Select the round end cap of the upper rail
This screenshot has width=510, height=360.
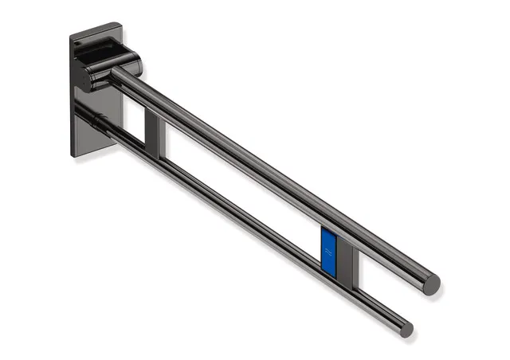coord(431,284)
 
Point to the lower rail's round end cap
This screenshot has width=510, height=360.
coord(406,328)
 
